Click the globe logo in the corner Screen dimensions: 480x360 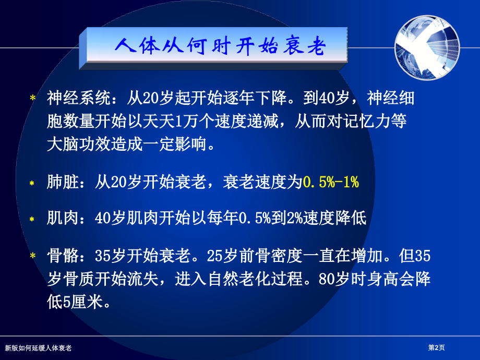(x=427, y=47)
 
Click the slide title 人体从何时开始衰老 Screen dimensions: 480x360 (x=220, y=47)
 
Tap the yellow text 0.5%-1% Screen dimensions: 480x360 (x=331, y=182)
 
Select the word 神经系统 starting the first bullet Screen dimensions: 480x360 (x=79, y=98)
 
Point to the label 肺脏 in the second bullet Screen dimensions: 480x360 (x=63, y=182)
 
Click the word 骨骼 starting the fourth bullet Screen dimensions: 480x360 (x=63, y=256)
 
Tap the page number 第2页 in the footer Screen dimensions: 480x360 (x=436, y=347)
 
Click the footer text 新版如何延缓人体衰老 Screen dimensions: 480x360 (x=38, y=348)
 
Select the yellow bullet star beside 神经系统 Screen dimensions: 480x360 (x=33, y=98)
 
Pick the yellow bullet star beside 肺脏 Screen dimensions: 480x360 (x=32, y=183)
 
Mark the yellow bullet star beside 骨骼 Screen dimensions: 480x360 (x=33, y=255)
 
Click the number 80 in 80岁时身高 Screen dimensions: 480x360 (x=327, y=279)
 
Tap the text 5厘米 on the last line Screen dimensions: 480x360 (x=82, y=302)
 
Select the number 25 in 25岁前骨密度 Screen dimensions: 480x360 (x=215, y=256)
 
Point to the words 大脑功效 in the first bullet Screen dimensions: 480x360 (x=79, y=144)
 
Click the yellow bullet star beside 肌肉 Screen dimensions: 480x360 (x=32, y=220)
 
